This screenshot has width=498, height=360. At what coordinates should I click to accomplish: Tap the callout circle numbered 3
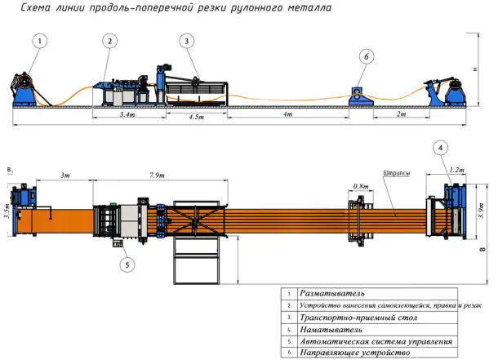[x=188, y=40]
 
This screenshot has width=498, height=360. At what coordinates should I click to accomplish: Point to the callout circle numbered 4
[x=441, y=148]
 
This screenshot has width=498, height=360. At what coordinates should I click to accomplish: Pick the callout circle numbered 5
[x=127, y=264]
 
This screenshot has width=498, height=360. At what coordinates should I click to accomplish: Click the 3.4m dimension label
[x=127, y=116]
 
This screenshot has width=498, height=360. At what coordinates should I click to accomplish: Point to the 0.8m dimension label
[x=360, y=185]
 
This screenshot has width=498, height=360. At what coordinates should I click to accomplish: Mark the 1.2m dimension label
[x=456, y=171]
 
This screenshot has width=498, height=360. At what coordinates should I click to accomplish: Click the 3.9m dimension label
[x=478, y=214]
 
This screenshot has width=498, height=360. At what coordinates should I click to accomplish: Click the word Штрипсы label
[x=395, y=173]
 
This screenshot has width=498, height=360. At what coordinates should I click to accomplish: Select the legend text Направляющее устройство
[x=353, y=353]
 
